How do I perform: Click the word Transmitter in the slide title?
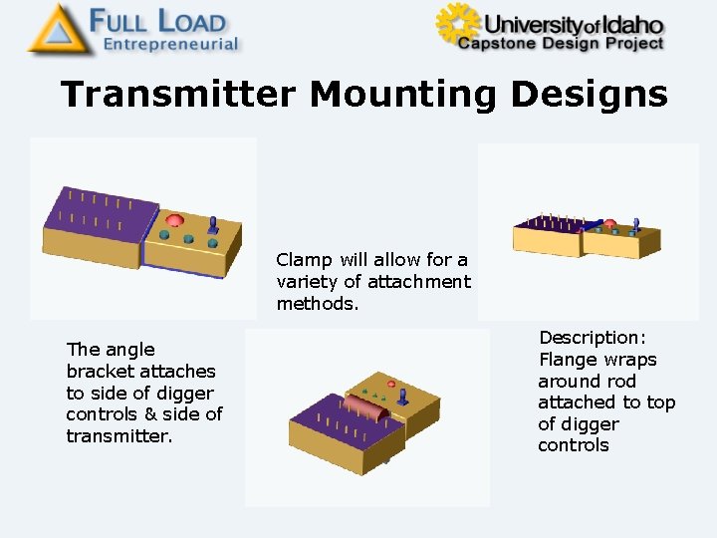tap(177, 95)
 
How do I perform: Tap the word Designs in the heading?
tap(589, 95)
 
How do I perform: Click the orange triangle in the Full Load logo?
tap(56, 30)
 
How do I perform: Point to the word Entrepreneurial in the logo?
tap(171, 44)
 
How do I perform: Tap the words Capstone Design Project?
tap(561, 43)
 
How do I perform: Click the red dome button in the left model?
tap(175, 219)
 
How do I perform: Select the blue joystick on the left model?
tap(213, 230)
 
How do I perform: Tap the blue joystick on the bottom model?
tap(403, 396)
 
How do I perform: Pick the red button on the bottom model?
tap(391, 384)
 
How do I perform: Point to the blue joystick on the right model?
tap(635, 224)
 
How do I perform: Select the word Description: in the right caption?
tap(593, 338)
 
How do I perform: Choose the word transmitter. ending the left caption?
tap(119, 436)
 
